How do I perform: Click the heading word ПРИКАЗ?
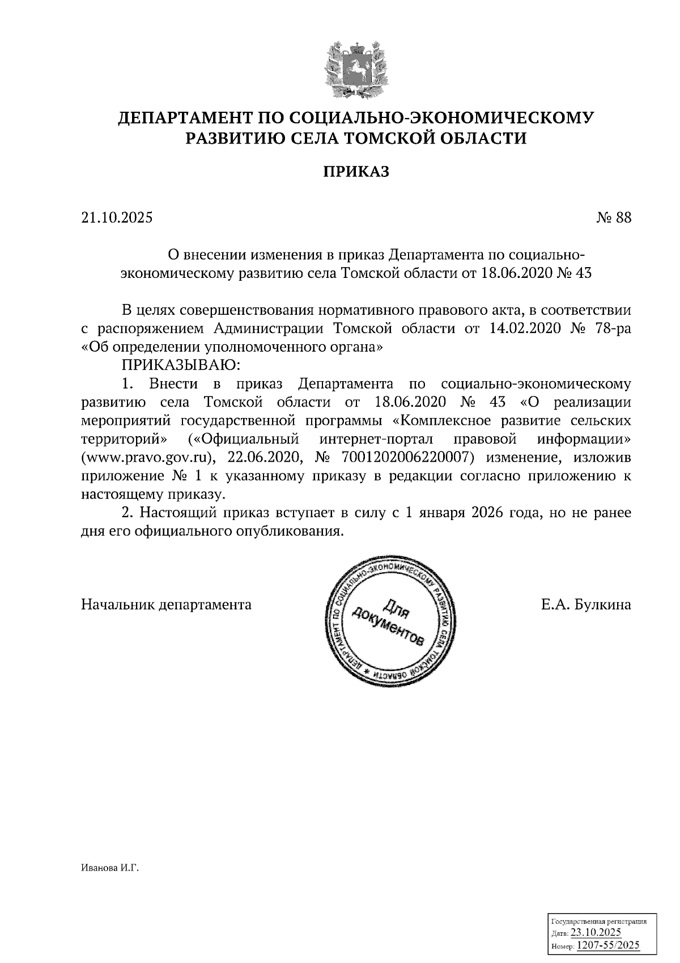356,172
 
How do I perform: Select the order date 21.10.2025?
117,218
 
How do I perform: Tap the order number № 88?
613,218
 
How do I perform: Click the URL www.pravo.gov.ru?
146,458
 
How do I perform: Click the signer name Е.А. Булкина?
586,605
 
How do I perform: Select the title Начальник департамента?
167,605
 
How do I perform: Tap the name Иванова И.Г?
110,868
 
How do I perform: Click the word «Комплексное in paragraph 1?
436,421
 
